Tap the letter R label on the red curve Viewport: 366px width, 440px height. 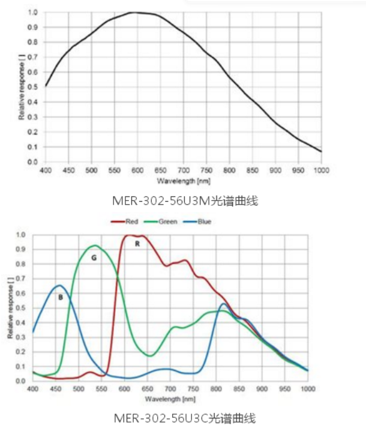137,244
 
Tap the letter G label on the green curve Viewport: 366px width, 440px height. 94,257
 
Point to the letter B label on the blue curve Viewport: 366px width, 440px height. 60,297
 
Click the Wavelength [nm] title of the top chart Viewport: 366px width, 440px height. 183,180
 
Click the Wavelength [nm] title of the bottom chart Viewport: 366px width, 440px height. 170,398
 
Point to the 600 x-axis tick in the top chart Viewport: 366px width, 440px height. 137,171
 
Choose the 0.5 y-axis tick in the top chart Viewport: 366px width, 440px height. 33,87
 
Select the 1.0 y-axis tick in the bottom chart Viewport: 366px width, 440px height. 22,235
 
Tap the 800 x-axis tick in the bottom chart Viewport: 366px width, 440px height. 216,390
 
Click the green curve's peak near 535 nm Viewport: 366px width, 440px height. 94,246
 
